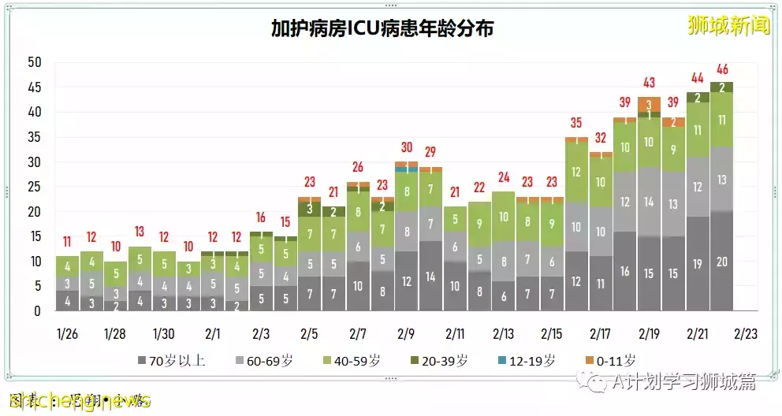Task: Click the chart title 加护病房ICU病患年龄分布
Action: point(382,29)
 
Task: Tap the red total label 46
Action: point(721,69)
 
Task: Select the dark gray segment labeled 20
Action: point(721,262)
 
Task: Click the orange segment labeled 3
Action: point(650,105)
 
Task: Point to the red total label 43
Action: point(650,83)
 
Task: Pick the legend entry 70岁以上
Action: point(172,361)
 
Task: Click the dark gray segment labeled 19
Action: point(698,264)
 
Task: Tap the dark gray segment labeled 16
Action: point(625,272)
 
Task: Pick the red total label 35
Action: point(576,123)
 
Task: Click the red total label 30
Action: point(407,147)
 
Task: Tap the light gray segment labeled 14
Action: point(650,202)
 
